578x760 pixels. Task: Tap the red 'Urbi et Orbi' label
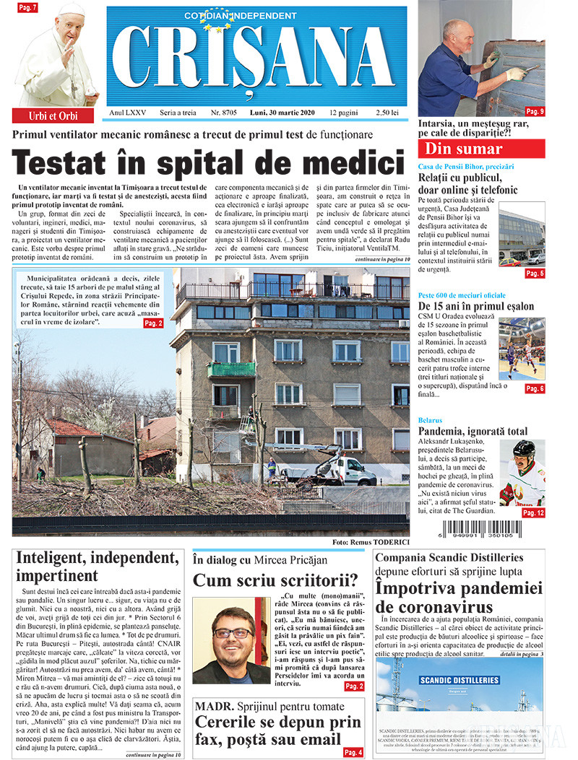(x=52, y=115)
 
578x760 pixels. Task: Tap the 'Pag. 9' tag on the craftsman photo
(x=535, y=111)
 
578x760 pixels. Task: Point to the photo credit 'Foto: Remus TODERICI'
(x=371, y=542)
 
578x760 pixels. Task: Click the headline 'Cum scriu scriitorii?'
(x=275, y=580)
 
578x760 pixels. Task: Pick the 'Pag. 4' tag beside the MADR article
(x=353, y=752)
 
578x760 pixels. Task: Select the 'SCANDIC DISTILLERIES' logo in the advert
(x=448, y=681)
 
